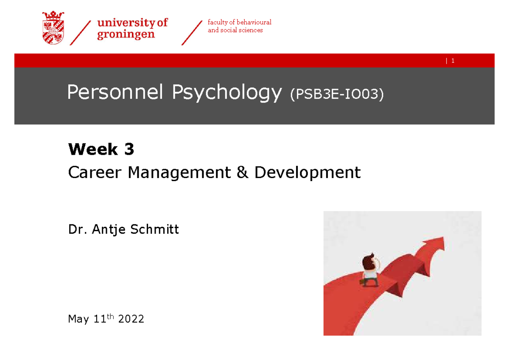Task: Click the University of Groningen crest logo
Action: pos(53,28)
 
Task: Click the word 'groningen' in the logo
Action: pos(126,34)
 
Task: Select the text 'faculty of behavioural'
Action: pos(239,22)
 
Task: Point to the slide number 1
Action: pos(453,61)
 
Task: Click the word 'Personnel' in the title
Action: pos(115,93)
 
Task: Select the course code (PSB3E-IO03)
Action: pos(336,94)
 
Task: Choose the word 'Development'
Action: pos(307,173)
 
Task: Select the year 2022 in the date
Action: pos(131,319)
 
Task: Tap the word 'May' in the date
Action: pos(78,319)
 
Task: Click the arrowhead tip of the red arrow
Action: pos(443,239)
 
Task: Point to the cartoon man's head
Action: pos(368,260)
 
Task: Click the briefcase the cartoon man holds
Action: pos(362,282)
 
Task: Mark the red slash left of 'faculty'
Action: pos(191,33)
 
